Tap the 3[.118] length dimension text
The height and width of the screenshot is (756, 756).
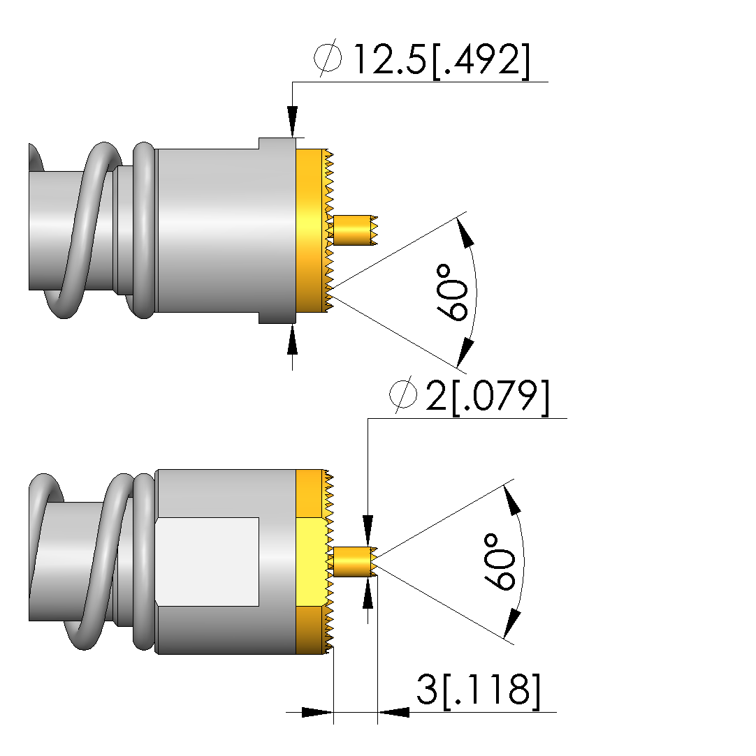point(478,690)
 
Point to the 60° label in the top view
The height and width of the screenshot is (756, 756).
point(452,292)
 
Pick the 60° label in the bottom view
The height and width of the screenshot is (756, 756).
point(500,562)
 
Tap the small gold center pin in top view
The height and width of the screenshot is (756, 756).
point(355,230)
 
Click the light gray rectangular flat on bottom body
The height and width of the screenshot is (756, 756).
point(208,562)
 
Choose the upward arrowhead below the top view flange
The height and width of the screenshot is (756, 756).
point(292,339)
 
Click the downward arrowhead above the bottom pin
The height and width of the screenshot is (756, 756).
point(368,531)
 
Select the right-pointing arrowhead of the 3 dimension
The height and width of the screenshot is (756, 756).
point(317,711)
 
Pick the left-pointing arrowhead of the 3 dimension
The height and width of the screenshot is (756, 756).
point(393,711)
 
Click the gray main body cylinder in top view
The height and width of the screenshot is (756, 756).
point(226,230)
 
